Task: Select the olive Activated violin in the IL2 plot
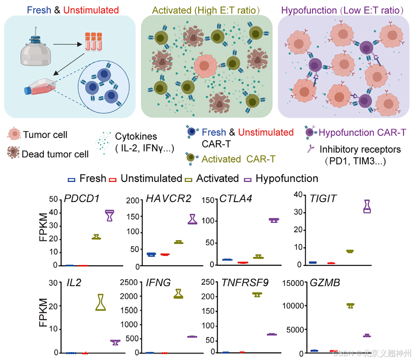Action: pos(101,302)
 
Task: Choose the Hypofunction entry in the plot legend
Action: pos(287,179)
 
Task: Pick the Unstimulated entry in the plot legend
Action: pos(151,179)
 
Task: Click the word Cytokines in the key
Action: pos(136,136)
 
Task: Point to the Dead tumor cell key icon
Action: pos(14,153)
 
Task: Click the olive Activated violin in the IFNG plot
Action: pos(178,294)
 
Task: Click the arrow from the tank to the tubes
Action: pos(68,44)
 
